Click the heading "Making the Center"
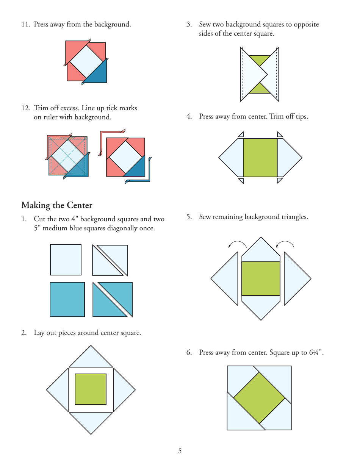57,205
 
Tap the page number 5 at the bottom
180,451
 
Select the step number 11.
25,25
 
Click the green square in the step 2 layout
91,389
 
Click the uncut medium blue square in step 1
67,299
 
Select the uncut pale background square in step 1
66,260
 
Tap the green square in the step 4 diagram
260,158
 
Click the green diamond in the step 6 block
259,398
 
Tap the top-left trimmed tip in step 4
241,134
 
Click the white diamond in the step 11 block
86,61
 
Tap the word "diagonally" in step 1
116,228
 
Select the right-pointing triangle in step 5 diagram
296,278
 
